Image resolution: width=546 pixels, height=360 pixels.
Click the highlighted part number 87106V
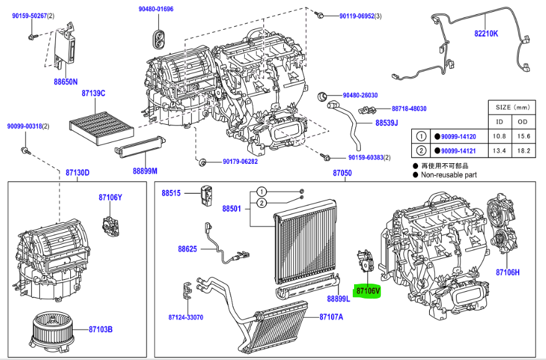pos(367,290)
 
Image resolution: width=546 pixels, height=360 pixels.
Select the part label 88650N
pos(65,81)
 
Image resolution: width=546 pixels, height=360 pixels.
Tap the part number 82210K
pos(486,34)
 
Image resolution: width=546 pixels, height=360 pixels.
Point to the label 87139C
pos(93,94)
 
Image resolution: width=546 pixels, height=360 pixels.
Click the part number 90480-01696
pos(156,9)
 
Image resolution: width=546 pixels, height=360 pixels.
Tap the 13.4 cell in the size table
pos(499,151)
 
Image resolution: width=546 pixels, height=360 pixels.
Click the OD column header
pos(524,122)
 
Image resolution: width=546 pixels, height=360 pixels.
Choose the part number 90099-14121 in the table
pos(458,151)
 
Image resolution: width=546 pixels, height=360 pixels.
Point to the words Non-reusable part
pos(449,175)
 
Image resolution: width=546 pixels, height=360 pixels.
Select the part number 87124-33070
pos(185,317)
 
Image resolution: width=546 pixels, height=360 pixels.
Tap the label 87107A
pos(331,317)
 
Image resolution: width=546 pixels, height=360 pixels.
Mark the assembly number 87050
pos(342,173)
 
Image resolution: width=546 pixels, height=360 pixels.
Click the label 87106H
pos(507,272)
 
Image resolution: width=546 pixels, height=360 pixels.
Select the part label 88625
pos(187,249)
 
